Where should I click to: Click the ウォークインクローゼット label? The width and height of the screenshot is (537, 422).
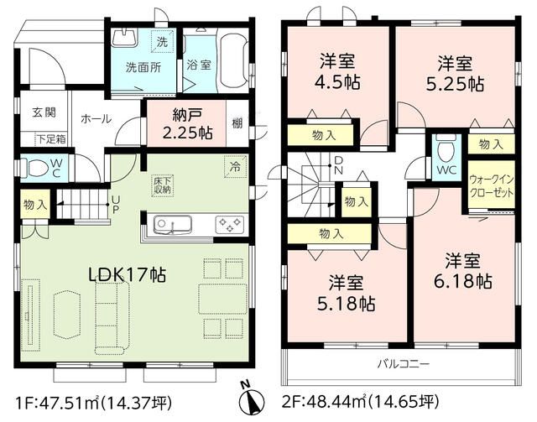pos(491,184)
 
